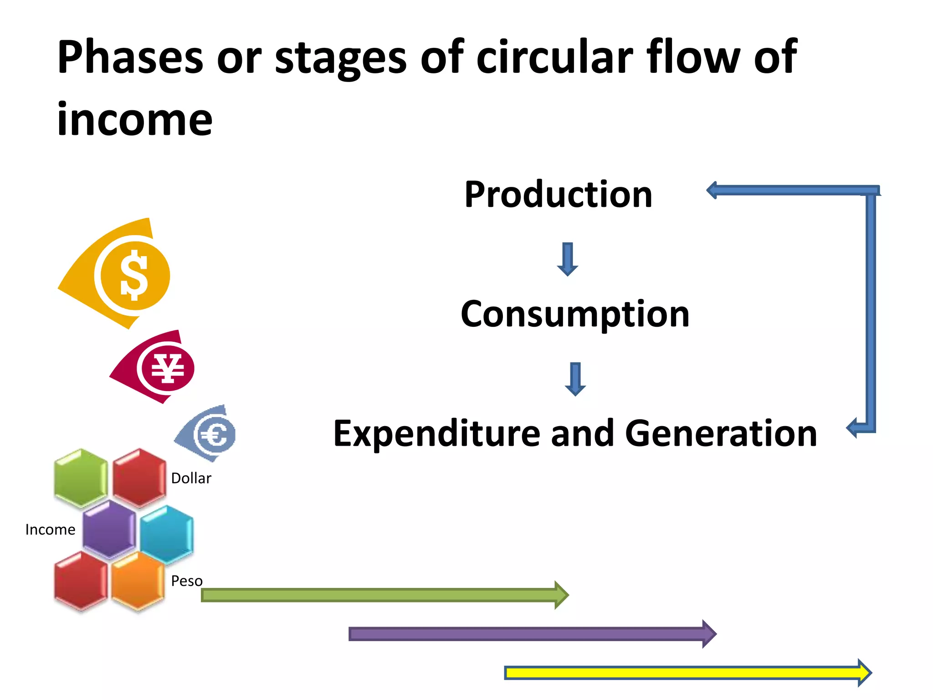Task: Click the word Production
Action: [558, 195]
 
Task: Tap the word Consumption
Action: [575, 314]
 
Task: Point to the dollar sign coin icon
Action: [133, 276]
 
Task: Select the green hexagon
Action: [81, 478]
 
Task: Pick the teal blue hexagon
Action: [167, 535]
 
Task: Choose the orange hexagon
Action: [138, 581]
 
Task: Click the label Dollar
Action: [191, 479]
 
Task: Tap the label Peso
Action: [187, 581]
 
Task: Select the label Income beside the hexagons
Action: [50, 530]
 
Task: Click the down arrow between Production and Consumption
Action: [568, 259]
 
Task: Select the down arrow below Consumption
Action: [575, 379]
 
